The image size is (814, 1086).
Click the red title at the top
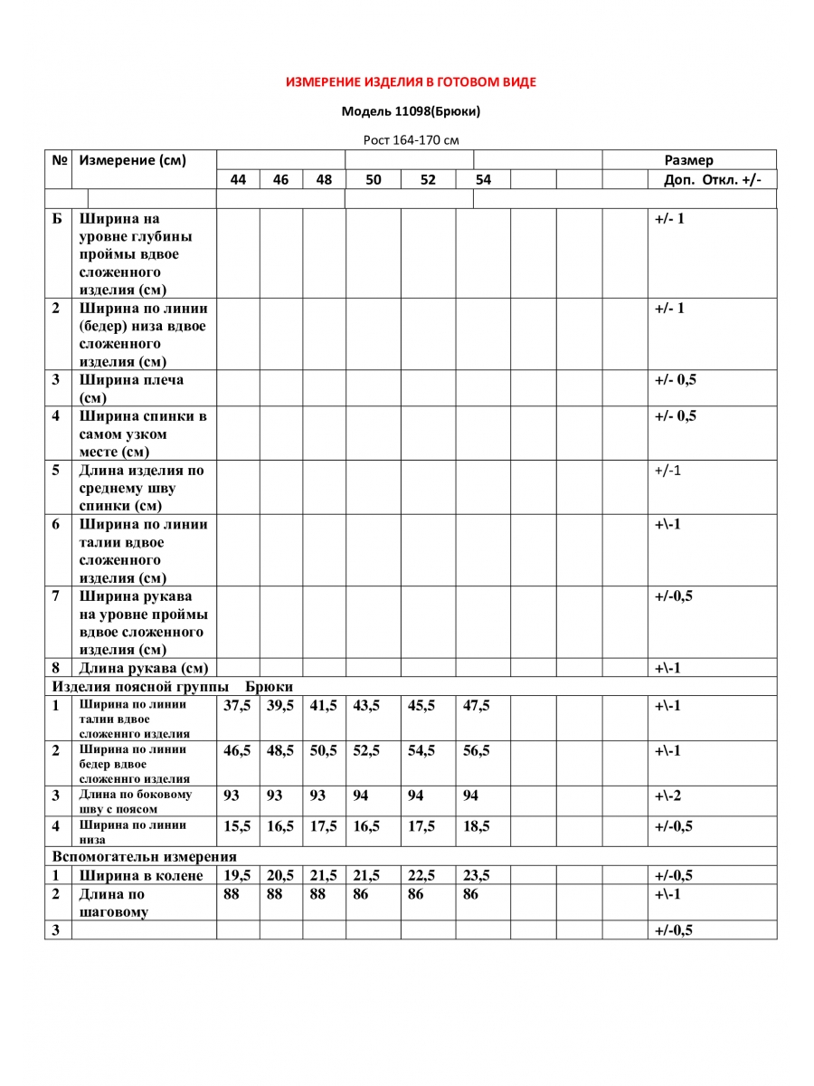[x=411, y=82]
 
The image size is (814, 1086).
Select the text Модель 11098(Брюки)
[x=411, y=111]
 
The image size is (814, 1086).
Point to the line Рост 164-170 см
[x=411, y=140]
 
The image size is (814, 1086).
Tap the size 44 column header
[x=238, y=179]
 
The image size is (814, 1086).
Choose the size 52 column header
[x=428, y=179]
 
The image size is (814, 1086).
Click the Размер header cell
[x=689, y=160]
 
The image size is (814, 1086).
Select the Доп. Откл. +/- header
[x=713, y=179]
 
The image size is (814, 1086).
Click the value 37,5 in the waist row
[x=237, y=706]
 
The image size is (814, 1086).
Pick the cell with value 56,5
[x=476, y=750]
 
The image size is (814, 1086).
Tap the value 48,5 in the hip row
[x=280, y=750]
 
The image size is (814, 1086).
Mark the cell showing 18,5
[x=476, y=826]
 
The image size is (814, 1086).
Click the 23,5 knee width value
[x=476, y=875]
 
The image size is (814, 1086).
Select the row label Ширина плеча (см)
[x=131, y=388]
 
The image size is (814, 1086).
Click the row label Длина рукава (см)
[x=143, y=668]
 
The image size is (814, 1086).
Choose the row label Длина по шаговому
[x=113, y=902]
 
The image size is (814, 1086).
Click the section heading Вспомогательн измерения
[x=145, y=856]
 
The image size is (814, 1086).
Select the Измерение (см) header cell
[x=133, y=160]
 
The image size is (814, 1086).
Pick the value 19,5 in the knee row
[x=237, y=875]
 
